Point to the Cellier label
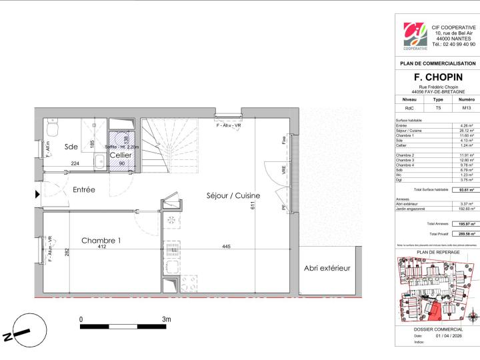(x=121, y=155)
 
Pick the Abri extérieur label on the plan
(x=327, y=268)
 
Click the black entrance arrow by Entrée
(x=37, y=195)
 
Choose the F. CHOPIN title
(x=437, y=77)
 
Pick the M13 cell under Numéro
(x=466, y=106)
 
